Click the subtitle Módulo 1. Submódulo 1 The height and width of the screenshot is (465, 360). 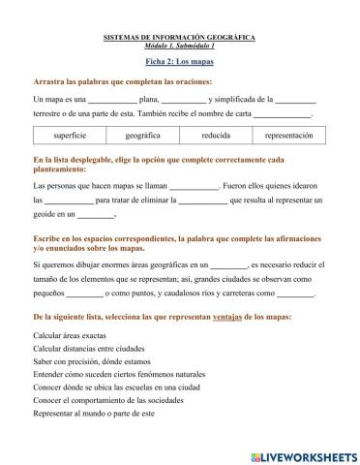[x=179, y=46]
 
